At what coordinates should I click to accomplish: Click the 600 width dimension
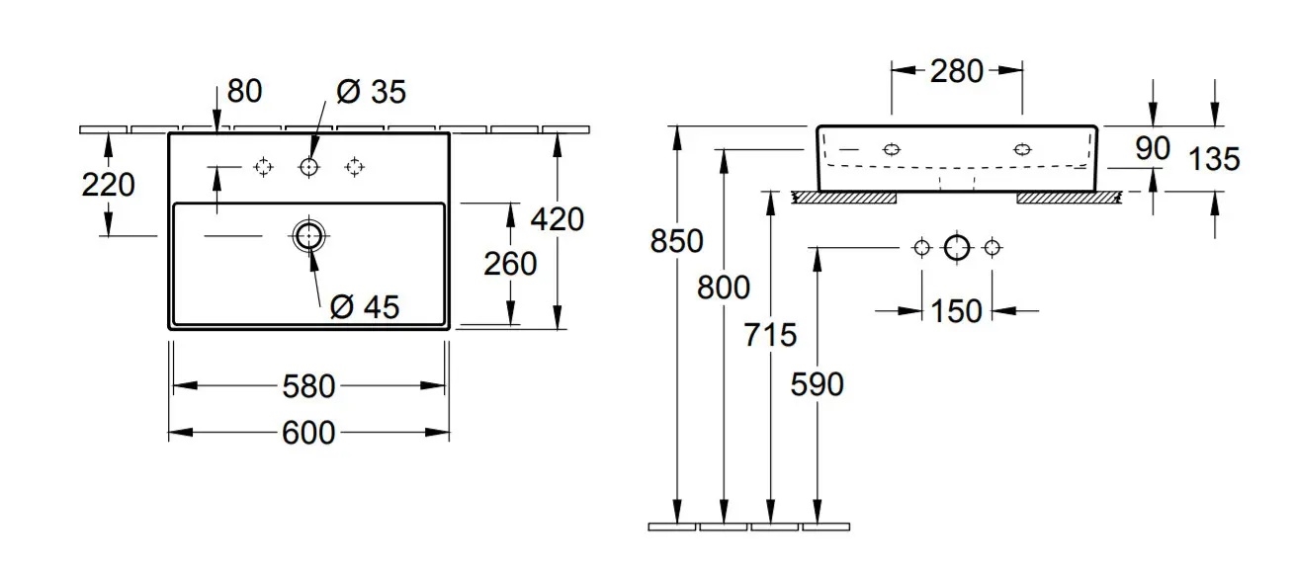coord(309,432)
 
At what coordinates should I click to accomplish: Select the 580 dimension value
coord(309,386)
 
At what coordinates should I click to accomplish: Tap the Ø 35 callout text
coord(371,92)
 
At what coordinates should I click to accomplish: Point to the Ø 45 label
coord(365,307)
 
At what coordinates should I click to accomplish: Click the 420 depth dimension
coord(557,218)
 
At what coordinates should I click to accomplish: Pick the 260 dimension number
coord(511,264)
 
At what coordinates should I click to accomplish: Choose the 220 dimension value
coord(108,185)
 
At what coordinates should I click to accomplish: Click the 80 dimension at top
coord(244,91)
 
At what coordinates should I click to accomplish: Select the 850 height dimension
coord(676,240)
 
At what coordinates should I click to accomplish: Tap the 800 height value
coord(724,287)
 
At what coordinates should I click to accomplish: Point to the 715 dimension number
coord(770,335)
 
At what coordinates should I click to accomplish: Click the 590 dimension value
coord(818,383)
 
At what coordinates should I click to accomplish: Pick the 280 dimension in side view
coord(957,70)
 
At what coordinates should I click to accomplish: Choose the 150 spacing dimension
coord(957,311)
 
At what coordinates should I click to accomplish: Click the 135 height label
coord(1214,158)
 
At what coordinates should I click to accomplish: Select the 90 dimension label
coord(1152,149)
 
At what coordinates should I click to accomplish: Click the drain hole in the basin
coord(308,235)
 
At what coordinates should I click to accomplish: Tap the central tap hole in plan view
coord(308,167)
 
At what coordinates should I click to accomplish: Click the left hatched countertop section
coord(844,198)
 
